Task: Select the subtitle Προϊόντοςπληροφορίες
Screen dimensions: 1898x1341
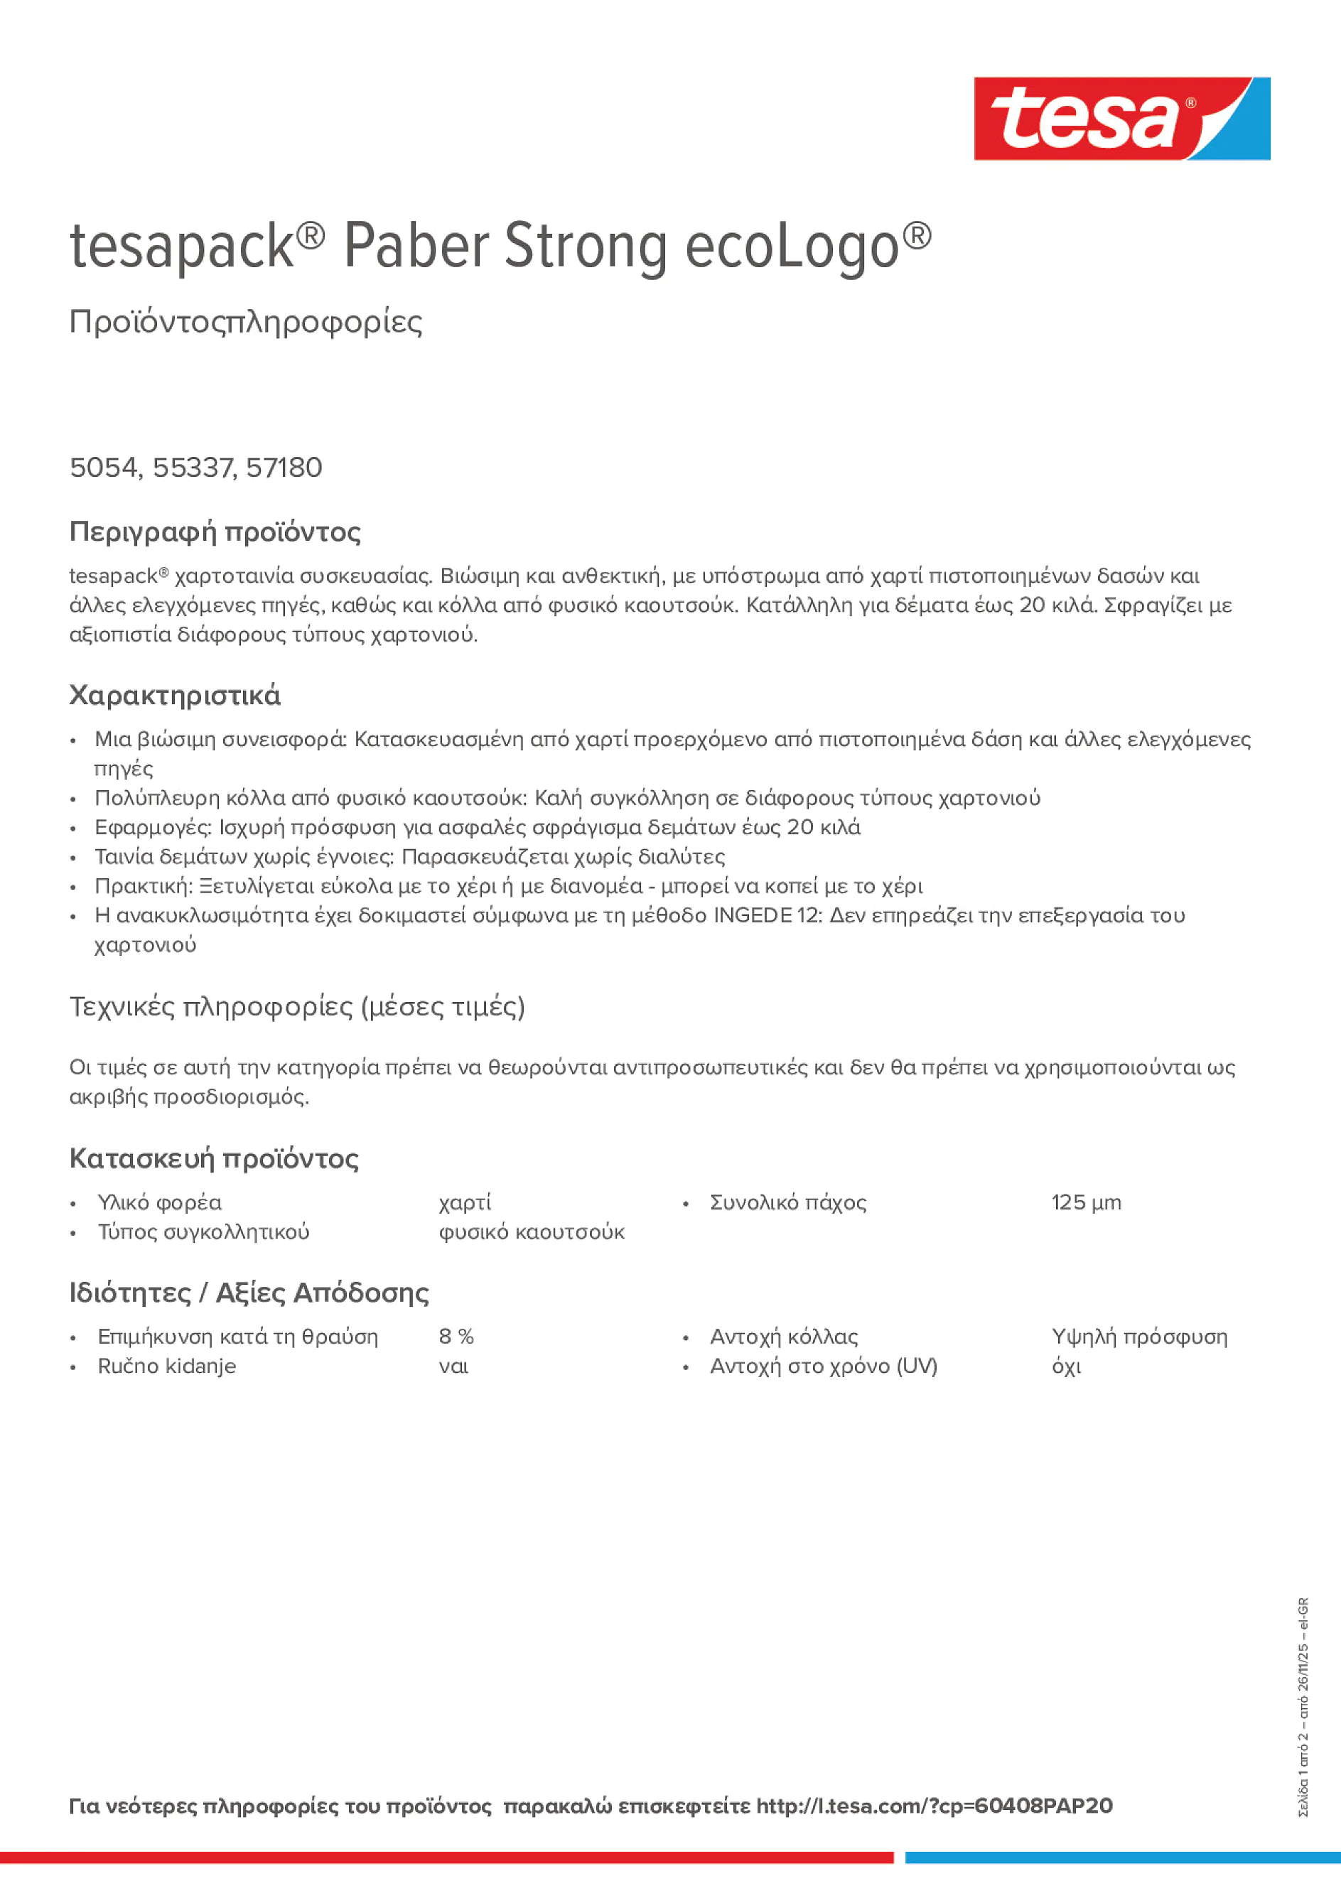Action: pyautogui.click(x=246, y=322)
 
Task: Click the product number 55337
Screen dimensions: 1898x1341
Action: pyautogui.click(x=193, y=468)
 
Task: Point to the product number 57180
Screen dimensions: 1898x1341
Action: pyautogui.click(x=284, y=468)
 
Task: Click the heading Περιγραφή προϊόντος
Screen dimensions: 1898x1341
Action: pyautogui.click(x=215, y=532)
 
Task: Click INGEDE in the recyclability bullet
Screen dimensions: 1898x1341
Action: pyautogui.click(x=753, y=915)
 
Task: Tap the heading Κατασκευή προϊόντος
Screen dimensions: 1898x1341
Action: pyautogui.click(x=213, y=1158)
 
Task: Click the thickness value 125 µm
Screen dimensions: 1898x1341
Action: pyautogui.click(x=1086, y=1203)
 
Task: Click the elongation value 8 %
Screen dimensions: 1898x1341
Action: pyautogui.click(x=456, y=1337)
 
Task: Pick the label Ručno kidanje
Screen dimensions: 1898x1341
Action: pyautogui.click(x=166, y=1366)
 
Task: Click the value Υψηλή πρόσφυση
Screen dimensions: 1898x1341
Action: pyautogui.click(x=1138, y=1337)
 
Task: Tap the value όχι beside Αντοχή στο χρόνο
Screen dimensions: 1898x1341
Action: pyautogui.click(x=1066, y=1366)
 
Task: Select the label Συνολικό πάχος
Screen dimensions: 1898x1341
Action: pyautogui.click(x=787, y=1203)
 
